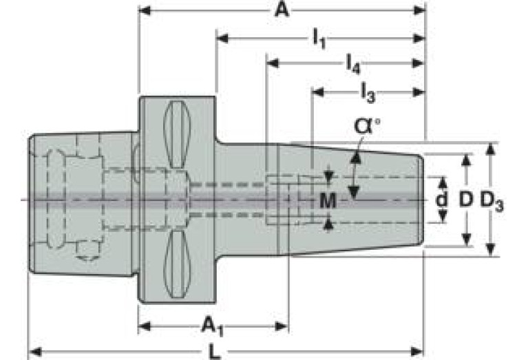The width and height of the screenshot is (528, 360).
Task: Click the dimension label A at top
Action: pyautogui.click(x=282, y=10)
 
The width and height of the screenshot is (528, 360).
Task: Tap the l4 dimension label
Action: pyautogui.click(x=353, y=64)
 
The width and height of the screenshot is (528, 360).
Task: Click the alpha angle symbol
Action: pyautogui.click(x=366, y=126)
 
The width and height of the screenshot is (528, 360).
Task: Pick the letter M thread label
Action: pyautogui.click(x=328, y=201)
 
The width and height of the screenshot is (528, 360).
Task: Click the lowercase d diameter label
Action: pyautogui.click(x=441, y=200)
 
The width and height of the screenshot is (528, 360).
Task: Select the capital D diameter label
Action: pyautogui.click(x=466, y=200)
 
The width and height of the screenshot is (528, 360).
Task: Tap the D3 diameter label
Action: pyautogui.click(x=492, y=202)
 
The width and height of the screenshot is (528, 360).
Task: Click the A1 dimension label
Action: pyautogui.click(x=213, y=327)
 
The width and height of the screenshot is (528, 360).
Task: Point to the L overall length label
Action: pyautogui.click(x=215, y=352)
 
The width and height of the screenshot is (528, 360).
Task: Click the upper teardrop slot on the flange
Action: pyautogui.click(x=177, y=134)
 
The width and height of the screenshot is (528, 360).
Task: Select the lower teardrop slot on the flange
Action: pyautogui.click(x=177, y=264)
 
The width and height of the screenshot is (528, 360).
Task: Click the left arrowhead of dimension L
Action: pyautogui.click(x=35, y=352)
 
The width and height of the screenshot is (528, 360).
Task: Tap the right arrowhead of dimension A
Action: pyautogui.click(x=419, y=10)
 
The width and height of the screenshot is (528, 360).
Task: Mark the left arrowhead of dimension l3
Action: pyautogui.click(x=318, y=92)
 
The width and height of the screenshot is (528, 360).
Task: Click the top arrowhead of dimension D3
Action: pyautogui.click(x=491, y=149)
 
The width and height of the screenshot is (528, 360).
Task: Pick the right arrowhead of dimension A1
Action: pyautogui.click(x=282, y=326)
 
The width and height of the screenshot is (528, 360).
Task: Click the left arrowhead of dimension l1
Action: pyautogui.click(x=222, y=38)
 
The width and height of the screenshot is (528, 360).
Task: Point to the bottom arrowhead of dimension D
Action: pyautogui.click(x=466, y=240)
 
